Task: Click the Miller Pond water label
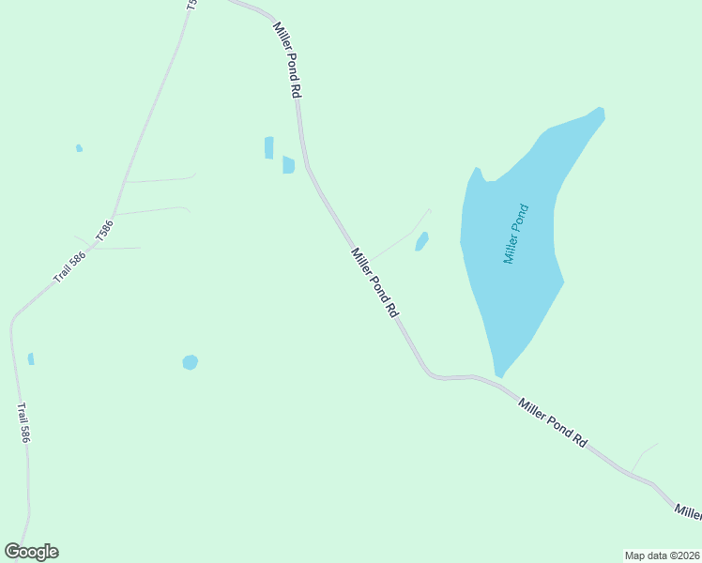(x=516, y=234)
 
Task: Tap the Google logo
(x=31, y=552)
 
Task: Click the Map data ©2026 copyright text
(x=663, y=555)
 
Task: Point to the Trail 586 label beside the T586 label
(x=69, y=266)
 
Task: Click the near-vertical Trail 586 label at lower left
(x=23, y=423)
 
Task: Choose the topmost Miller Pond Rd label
(x=287, y=60)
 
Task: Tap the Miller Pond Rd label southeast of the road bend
(x=553, y=421)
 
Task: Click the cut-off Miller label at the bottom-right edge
(x=688, y=512)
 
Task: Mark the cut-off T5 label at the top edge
(x=191, y=5)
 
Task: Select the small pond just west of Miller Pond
(x=422, y=241)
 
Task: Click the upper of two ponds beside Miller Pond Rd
(x=269, y=147)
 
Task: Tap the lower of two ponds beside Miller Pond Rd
(x=288, y=165)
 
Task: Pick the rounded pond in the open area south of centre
(x=190, y=362)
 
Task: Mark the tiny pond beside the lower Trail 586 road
(x=31, y=358)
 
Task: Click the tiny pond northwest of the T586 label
(x=79, y=147)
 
